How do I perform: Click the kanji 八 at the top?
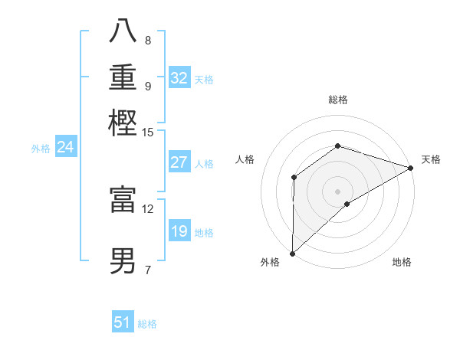[x=123, y=32]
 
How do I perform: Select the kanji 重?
[x=123, y=77]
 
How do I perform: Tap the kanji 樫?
[x=123, y=123]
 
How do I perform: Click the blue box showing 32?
[x=179, y=78]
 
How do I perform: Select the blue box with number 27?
[x=179, y=162]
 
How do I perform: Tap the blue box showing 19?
[x=179, y=231]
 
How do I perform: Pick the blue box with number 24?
[x=66, y=147]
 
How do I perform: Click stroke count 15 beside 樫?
[x=148, y=133]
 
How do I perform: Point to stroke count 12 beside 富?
[x=148, y=208]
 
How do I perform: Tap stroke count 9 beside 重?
[x=148, y=86]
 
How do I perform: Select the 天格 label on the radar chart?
[x=431, y=159]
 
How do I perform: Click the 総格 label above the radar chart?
[x=338, y=100]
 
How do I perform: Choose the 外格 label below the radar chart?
[x=270, y=262]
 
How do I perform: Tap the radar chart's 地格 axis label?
[x=402, y=262]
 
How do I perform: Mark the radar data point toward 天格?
[x=410, y=168]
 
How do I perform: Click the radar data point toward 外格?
[x=292, y=254]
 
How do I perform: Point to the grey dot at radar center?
[x=337, y=191]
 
